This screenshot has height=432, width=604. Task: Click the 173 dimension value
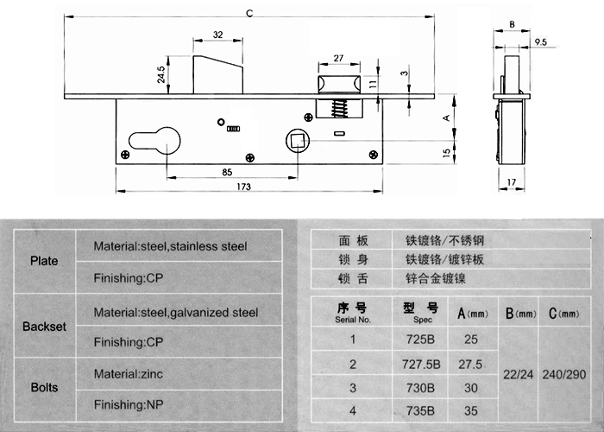click(244, 187)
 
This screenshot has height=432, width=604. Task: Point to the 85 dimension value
click(227, 172)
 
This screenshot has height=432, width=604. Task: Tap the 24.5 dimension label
click(161, 74)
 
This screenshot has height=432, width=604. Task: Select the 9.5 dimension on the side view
click(541, 41)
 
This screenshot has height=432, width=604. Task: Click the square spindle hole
click(298, 140)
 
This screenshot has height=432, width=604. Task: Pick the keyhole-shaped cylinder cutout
click(154, 140)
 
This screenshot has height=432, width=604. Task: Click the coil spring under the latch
click(338, 108)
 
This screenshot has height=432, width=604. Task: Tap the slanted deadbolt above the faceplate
click(217, 74)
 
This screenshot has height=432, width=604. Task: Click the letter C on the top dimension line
click(249, 14)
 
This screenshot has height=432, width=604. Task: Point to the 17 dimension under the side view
click(511, 182)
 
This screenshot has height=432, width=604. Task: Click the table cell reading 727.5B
click(421, 364)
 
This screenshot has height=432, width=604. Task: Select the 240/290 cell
click(564, 374)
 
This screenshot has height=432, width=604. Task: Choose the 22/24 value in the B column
click(518, 374)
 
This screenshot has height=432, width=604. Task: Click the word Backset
click(44, 327)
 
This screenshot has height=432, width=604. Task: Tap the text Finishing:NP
click(129, 404)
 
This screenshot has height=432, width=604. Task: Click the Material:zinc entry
click(129, 373)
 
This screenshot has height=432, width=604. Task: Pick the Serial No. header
click(352, 320)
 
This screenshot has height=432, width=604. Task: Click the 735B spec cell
click(421, 410)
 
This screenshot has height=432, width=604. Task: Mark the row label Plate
click(44, 261)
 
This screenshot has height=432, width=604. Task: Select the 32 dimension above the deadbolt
click(218, 35)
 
